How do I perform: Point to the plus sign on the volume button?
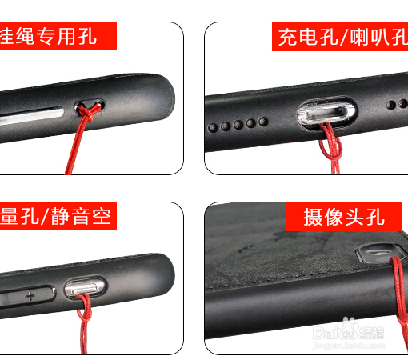30,295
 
